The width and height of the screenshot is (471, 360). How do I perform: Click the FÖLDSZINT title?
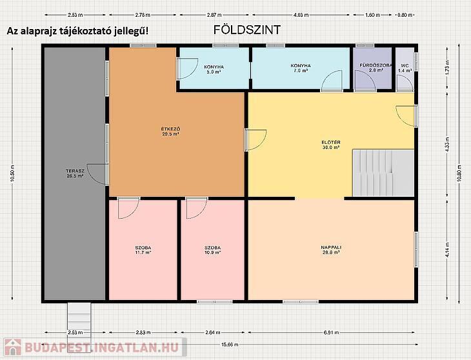click(247, 30)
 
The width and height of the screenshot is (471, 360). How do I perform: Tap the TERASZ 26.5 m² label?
click(75, 174)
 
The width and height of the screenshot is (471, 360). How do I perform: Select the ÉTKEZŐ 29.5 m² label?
click(170, 132)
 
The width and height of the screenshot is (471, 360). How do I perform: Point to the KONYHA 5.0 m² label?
click(214, 70)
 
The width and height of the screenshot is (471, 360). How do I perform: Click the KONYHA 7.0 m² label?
click(301, 68)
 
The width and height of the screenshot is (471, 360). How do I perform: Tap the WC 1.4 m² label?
click(405, 68)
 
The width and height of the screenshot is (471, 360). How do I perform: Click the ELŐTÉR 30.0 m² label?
click(331, 145)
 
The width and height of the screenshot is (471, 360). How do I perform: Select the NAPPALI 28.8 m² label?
click(331, 250)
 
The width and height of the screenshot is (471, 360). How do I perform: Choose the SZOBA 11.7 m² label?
click(143, 250)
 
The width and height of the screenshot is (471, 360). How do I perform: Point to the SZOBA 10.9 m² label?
click(213, 250)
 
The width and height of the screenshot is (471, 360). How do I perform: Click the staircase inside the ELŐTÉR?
click(383, 174)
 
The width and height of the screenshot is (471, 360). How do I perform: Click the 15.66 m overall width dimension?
click(230, 345)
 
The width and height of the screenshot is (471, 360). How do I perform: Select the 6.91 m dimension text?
click(331, 332)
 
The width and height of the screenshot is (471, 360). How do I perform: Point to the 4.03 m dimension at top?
click(301, 15)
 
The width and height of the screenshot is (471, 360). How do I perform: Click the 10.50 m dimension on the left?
click(12, 174)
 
